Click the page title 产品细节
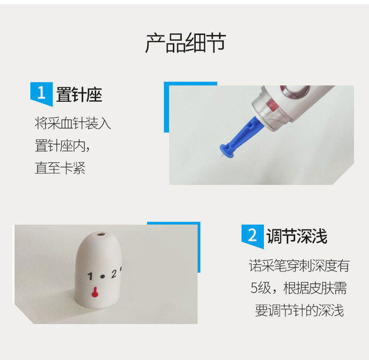click(186, 43)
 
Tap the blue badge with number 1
click(41, 94)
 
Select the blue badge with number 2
click(253, 236)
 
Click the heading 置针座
click(79, 95)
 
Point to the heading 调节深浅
click(297, 236)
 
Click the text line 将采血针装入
click(73, 123)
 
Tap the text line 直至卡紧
click(60, 168)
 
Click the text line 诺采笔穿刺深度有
click(299, 265)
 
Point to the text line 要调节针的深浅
click(299, 310)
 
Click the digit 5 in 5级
click(254, 288)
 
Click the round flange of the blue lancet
click(226, 150)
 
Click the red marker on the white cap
click(95, 292)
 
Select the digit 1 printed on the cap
click(90, 276)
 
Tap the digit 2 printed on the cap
click(114, 274)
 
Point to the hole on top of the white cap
click(102, 235)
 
